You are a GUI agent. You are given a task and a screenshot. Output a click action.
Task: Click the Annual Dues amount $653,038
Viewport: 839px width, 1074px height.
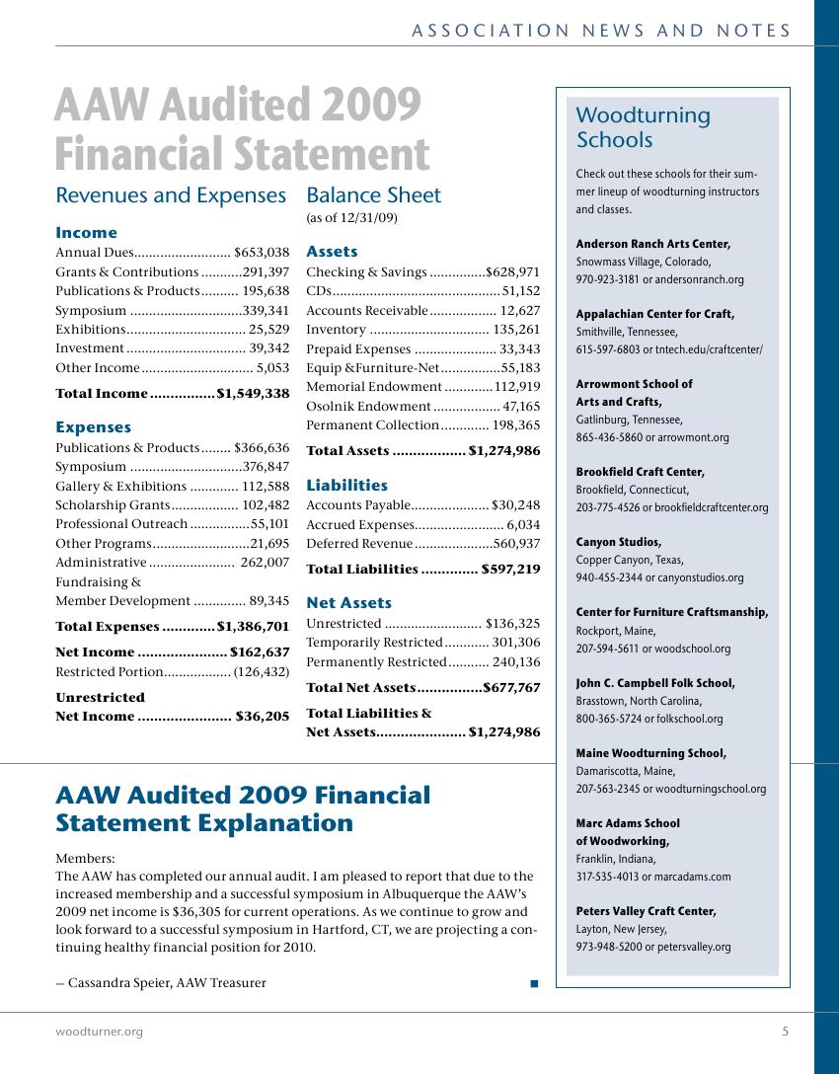pos(262,253)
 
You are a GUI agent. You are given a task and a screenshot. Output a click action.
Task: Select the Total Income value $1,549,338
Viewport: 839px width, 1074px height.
pos(253,394)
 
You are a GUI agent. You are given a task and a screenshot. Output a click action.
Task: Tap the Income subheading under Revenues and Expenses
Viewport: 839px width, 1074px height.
pos(86,233)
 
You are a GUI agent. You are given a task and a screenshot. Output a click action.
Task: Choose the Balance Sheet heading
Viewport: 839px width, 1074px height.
pos(374,195)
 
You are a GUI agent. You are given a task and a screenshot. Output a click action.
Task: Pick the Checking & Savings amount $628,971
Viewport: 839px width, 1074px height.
pos(512,271)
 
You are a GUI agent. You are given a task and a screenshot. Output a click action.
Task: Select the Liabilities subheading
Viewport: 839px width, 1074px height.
pos(346,486)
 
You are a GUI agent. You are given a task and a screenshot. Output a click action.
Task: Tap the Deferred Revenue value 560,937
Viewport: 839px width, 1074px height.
pos(516,544)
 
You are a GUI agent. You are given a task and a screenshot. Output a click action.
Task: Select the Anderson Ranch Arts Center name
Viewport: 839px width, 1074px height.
pos(652,244)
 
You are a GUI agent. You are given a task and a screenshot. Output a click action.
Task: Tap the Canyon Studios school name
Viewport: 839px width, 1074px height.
pos(618,542)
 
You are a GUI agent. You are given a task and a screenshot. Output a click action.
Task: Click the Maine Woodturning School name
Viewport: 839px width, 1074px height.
pos(650,753)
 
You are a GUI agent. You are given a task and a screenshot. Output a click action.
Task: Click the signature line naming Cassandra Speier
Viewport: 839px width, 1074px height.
pos(161,982)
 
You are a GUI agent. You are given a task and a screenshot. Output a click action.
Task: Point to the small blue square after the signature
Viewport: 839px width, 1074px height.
pos(534,983)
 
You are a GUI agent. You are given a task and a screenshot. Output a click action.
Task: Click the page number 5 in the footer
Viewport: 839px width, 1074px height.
pos(785,1032)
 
